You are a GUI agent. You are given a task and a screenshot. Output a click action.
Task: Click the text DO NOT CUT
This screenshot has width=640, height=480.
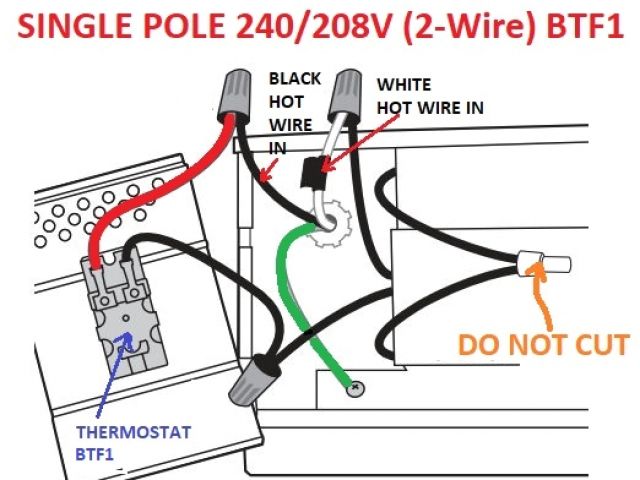point(544,346)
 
